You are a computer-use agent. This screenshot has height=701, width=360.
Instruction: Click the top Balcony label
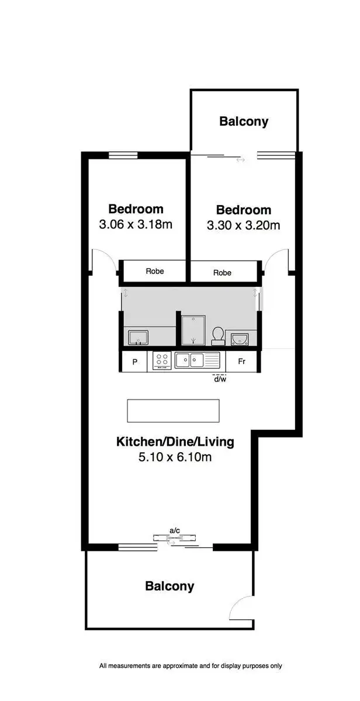244,122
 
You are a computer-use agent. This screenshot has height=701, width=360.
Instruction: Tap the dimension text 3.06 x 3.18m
136,224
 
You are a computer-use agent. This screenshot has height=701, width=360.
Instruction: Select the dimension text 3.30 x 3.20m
244,225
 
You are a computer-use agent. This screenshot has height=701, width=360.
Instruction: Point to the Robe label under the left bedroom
155,271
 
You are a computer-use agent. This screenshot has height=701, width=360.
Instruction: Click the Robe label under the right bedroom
222,272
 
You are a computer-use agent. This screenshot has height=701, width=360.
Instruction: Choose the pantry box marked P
135,362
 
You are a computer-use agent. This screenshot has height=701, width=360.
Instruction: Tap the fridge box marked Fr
241,362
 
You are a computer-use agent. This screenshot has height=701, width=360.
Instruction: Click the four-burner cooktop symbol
162,361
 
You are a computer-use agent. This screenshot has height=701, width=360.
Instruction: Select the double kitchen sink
197,360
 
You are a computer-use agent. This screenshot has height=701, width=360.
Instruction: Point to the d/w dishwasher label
220,379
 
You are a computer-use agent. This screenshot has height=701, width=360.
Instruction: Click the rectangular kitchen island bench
173,411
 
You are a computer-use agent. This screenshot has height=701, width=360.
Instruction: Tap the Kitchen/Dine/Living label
175,442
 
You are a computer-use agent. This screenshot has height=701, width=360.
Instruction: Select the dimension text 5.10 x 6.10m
175,457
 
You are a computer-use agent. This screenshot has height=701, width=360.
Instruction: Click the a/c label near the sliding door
174,530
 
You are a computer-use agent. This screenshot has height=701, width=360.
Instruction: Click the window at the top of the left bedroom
123,155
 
